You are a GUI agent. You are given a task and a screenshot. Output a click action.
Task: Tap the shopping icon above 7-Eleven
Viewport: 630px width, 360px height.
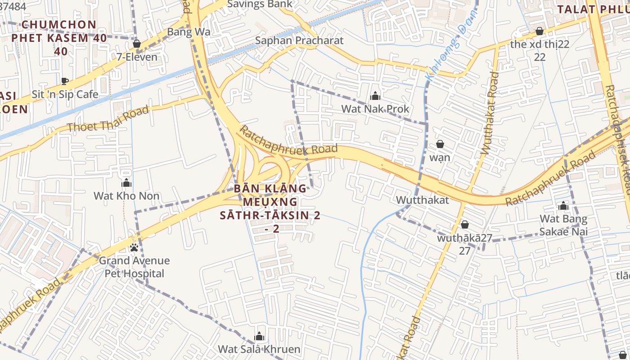(x=137, y=44)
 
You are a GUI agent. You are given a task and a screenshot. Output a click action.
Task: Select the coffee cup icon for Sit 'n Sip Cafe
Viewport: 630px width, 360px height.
(x=65, y=81)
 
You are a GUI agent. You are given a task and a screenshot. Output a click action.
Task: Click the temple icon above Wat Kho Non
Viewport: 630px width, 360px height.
(x=126, y=183)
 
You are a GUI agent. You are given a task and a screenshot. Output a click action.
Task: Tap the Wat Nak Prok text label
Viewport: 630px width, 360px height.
(x=375, y=109)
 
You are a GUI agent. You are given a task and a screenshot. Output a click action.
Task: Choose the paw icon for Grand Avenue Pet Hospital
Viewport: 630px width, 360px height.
(x=134, y=248)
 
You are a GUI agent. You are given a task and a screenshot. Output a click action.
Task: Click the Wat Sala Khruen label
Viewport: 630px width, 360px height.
(x=259, y=349)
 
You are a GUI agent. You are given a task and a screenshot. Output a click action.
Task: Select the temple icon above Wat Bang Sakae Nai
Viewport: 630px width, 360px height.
(x=563, y=207)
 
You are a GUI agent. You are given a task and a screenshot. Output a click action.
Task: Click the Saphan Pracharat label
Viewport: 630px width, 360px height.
(x=299, y=40)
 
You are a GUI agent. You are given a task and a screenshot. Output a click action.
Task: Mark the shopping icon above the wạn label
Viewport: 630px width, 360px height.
(x=440, y=144)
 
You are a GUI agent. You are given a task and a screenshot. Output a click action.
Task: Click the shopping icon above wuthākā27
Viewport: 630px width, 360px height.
(x=465, y=225)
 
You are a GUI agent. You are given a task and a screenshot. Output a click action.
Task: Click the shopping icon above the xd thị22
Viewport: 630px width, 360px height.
(x=539, y=31)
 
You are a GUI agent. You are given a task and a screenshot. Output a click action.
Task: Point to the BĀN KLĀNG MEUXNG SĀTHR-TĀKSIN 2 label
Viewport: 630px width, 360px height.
(x=270, y=208)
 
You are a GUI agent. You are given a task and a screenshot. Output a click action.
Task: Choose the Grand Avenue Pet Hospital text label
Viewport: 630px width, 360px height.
(x=135, y=267)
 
